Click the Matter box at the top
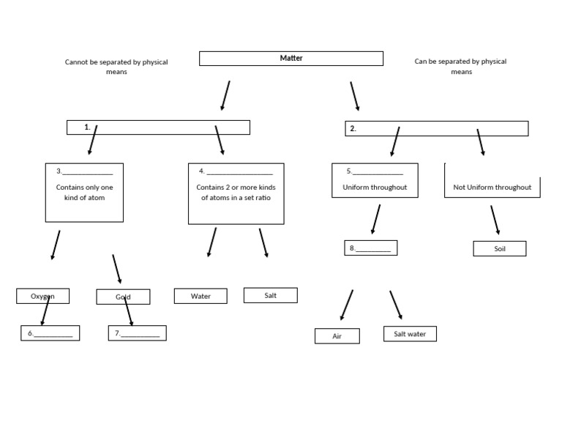tap(291, 59)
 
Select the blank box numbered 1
tap(158, 127)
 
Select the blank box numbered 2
tap(436, 129)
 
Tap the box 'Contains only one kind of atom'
tap(84, 192)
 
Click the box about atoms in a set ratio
tap(236, 193)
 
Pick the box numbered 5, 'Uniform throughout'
tap(375, 180)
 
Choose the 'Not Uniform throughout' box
tap(492, 187)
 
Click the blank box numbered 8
tap(370, 248)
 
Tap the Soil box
tap(499, 249)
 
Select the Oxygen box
tap(42, 296)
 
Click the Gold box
tap(123, 297)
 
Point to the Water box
tap(200, 296)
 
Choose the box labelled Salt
tap(270, 295)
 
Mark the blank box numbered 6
tap(50, 333)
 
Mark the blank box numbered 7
tap(137, 333)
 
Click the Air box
tap(337, 336)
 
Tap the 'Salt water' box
tap(410, 334)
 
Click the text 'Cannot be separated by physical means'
tap(116, 67)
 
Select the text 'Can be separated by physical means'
tap(460, 67)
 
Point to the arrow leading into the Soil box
tap(495, 220)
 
